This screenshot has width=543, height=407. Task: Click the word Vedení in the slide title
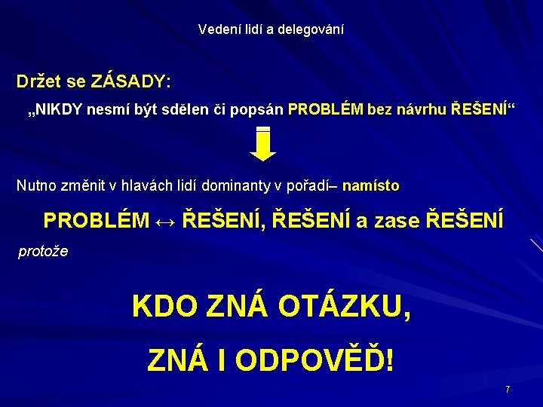coord(214,29)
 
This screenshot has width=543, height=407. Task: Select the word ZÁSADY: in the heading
coord(130,80)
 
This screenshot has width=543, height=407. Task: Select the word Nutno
coord(35,185)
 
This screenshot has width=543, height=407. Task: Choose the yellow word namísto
coord(371,185)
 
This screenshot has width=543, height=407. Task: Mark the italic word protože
coord(43,252)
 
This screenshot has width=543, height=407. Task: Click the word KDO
coord(155,307)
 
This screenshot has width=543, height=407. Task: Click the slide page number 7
coord(508,390)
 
